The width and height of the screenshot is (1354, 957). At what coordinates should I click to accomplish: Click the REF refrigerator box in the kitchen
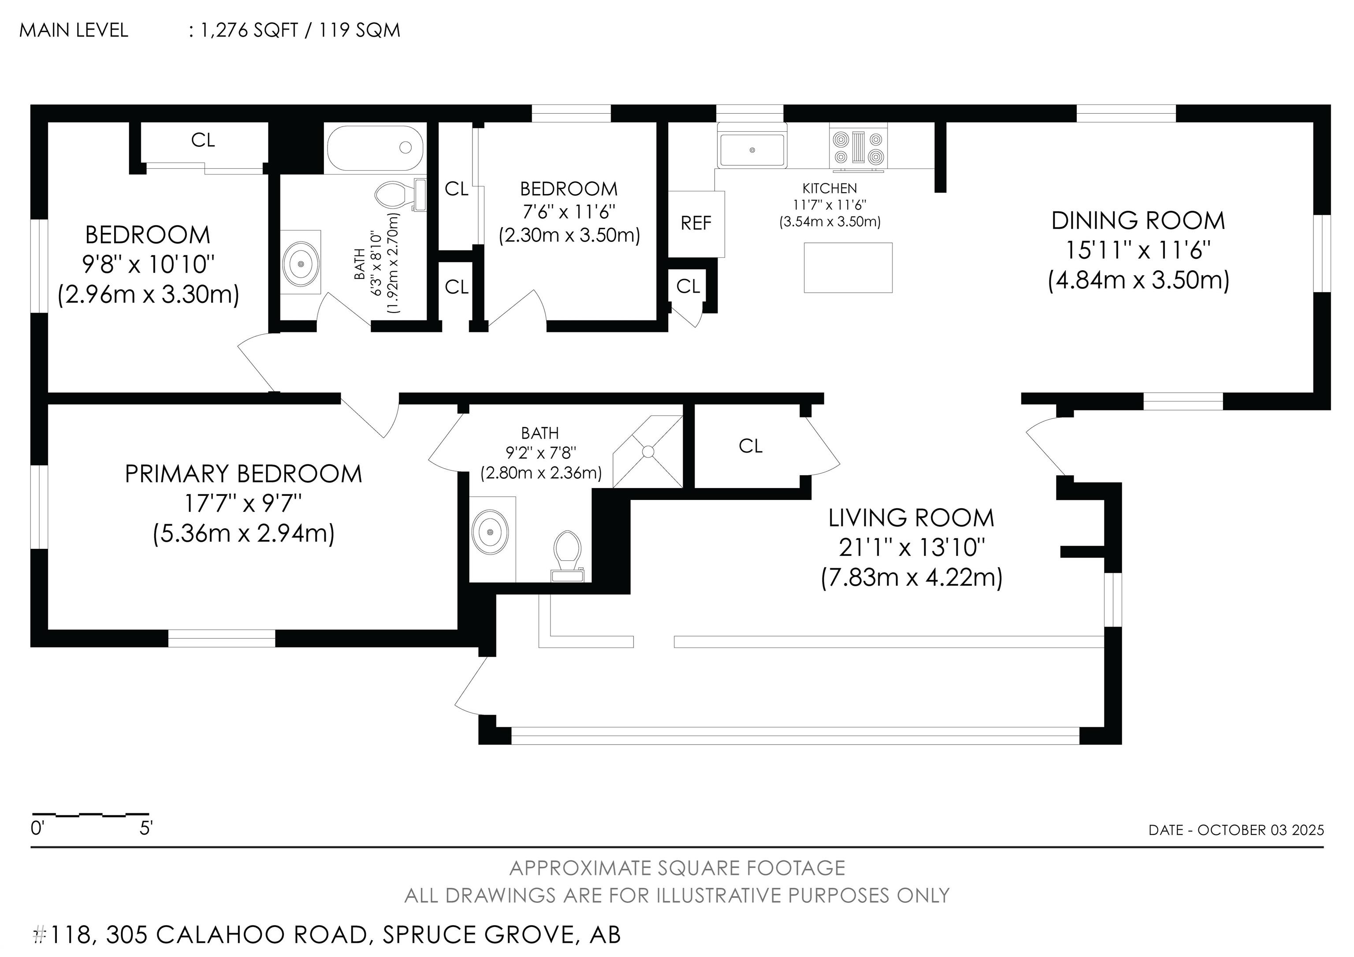tap(696, 223)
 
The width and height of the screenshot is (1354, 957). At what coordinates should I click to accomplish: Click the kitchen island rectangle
tap(848, 268)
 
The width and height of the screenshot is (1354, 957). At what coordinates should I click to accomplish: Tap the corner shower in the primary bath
tap(647, 452)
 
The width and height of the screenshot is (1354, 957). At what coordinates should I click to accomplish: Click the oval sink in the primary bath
tap(491, 532)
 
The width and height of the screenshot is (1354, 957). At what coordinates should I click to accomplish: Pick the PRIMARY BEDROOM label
tap(244, 474)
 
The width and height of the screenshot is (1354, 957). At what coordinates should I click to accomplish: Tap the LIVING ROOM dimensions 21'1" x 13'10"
tap(912, 548)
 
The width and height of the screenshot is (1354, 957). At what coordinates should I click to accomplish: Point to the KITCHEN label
tap(830, 188)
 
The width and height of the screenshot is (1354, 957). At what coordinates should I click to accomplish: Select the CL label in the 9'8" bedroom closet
tap(203, 140)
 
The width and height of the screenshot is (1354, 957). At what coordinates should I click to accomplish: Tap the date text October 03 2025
tap(1261, 830)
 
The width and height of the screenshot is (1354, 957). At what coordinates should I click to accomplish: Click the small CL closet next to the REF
tap(688, 287)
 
